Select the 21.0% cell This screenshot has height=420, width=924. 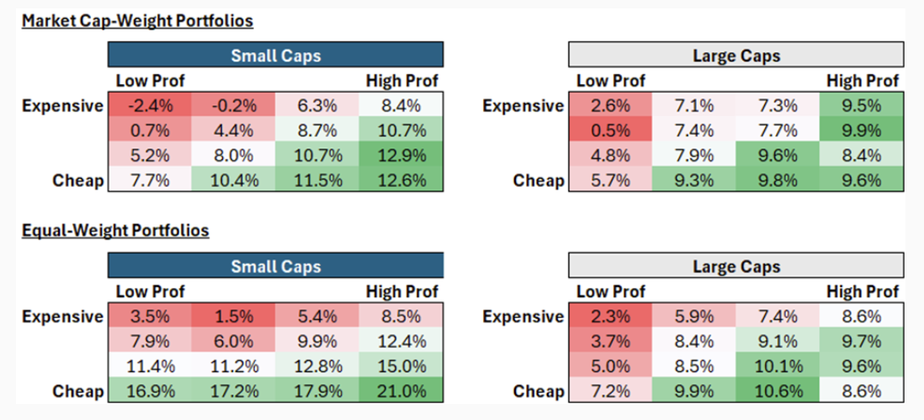pos(401,391)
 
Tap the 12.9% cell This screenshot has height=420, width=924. pos(401,156)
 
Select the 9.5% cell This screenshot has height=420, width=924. pos(861,106)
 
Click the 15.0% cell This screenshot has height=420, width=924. pos(401,367)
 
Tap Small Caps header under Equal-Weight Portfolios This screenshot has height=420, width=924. pos(275,266)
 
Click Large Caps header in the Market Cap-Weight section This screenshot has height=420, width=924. pos(736,56)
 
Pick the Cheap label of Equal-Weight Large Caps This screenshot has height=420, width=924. pos(539,392)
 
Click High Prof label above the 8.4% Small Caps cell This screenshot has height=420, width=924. pos(401,82)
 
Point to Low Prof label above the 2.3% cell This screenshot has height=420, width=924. pos(611,292)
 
